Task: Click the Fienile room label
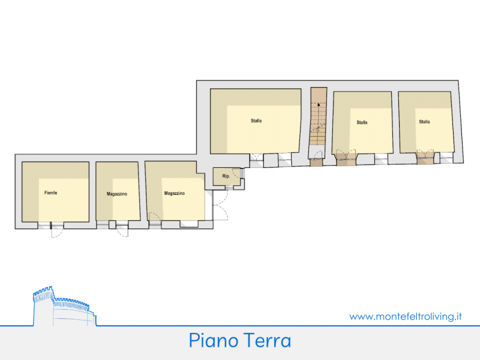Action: (51, 193)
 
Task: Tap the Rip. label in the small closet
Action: (226, 176)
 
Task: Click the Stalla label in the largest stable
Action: (256, 121)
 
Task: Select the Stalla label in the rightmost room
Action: (424, 122)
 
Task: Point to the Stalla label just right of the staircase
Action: (362, 122)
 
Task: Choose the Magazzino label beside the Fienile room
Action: (116, 194)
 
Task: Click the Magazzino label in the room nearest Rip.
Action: (175, 193)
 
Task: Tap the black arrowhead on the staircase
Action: (319, 104)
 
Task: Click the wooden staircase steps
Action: (319, 116)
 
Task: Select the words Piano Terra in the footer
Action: (239, 340)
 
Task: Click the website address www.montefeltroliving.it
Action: (406, 316)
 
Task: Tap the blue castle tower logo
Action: (64, 306)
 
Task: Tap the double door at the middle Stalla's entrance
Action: (346, 154)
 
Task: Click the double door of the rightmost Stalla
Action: (425, 154)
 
